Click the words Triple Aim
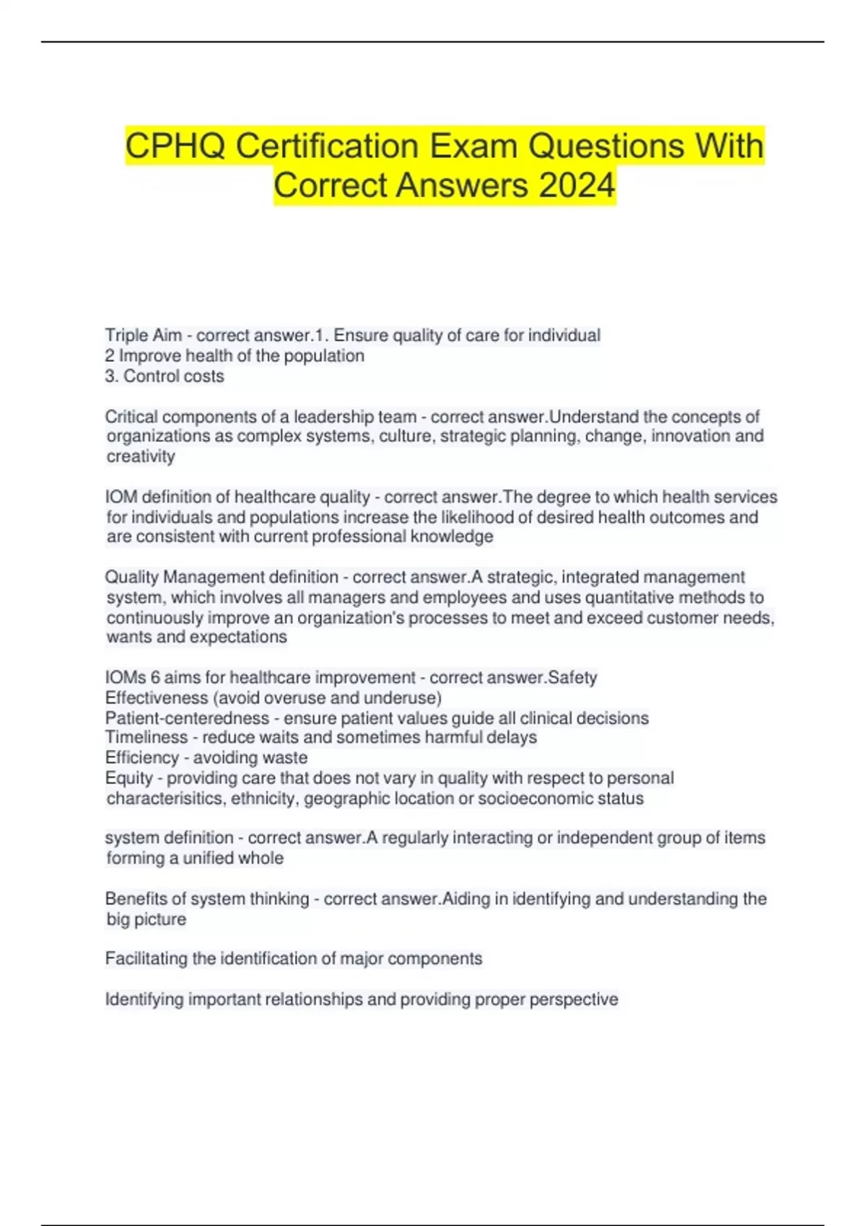(143, 335)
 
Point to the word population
(324, 356)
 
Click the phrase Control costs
(173, 376)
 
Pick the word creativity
(141, 457)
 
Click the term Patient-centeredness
(187, 718)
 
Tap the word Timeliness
(146, 737)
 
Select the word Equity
(128, 777)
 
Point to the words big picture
(146, 919)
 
